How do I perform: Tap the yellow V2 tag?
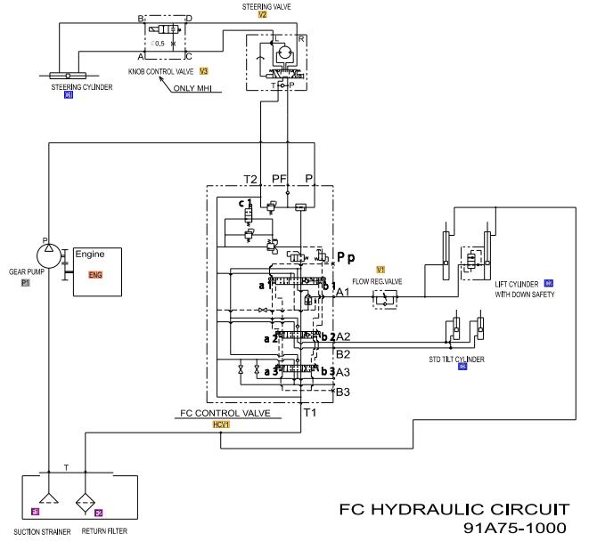tap(261, 16)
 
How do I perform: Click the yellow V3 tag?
tap(204, 69)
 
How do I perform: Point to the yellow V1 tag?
tap(380, 268)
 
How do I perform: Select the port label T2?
tap(251, 178)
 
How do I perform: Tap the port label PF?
tap(280, 178)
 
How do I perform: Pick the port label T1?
tap(311, 413)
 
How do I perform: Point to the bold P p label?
tap(346, 257)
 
